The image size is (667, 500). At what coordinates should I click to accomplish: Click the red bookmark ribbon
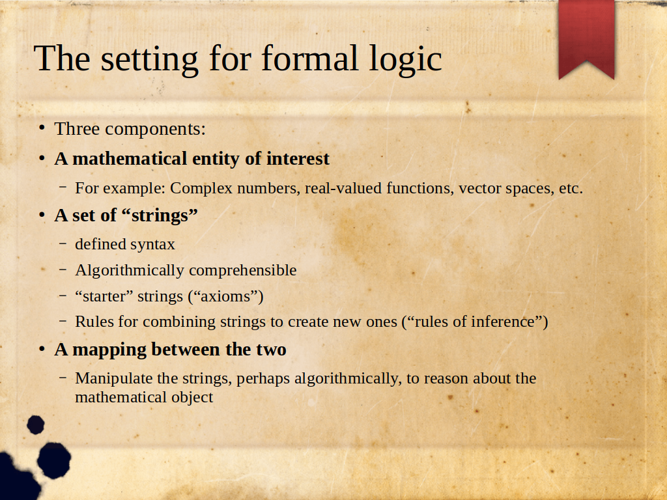[x=586, y=36]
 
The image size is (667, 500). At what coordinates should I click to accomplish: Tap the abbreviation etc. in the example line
[x=571, y=188]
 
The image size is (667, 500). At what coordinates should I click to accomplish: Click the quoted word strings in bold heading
[x=160, y=215]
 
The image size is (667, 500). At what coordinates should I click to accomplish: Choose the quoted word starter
[x=104, y=296]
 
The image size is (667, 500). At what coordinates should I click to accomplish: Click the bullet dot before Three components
[x=42, y=128]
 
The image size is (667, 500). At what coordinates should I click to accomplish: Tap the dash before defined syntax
[x=63, y=243]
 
